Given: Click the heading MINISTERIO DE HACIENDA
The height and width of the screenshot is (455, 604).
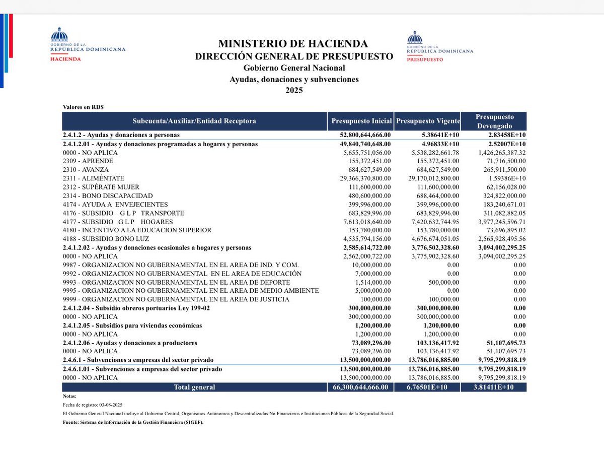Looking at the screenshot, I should tap(293, 44).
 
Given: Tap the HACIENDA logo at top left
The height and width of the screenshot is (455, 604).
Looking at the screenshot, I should tap(88, 45).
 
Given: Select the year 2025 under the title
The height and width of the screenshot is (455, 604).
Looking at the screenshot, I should tap(294, 91).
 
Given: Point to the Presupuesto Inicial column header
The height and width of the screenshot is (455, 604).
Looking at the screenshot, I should tap(361, 121).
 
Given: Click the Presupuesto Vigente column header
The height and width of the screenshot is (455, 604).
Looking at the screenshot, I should tap(428, 121).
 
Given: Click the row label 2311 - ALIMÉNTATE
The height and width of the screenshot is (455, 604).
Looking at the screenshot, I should tap(93, 178).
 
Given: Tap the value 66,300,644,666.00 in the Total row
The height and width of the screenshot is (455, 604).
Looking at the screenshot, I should tap(360, 387).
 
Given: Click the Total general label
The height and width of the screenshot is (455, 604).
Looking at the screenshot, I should tap(194, 387).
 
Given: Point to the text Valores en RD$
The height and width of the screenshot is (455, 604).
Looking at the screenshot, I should tap(83, 107).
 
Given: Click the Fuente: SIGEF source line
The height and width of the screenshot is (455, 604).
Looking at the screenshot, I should tap(133, 422).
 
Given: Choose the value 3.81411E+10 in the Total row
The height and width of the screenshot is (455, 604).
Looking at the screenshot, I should tap(494, 387).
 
